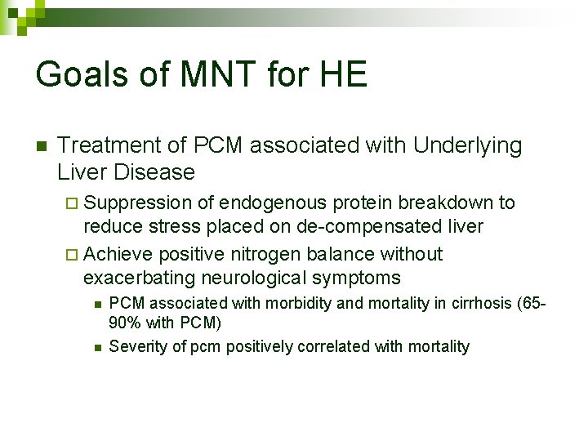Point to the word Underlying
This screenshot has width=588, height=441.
pyautogui.click(x=467, y=146)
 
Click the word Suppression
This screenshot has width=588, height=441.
pyautogui.click(x=138, y=203)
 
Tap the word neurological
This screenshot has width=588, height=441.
pyautogui.click(x=265, y=278)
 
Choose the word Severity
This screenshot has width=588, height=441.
pyautogui.click(x=136, y=346)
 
